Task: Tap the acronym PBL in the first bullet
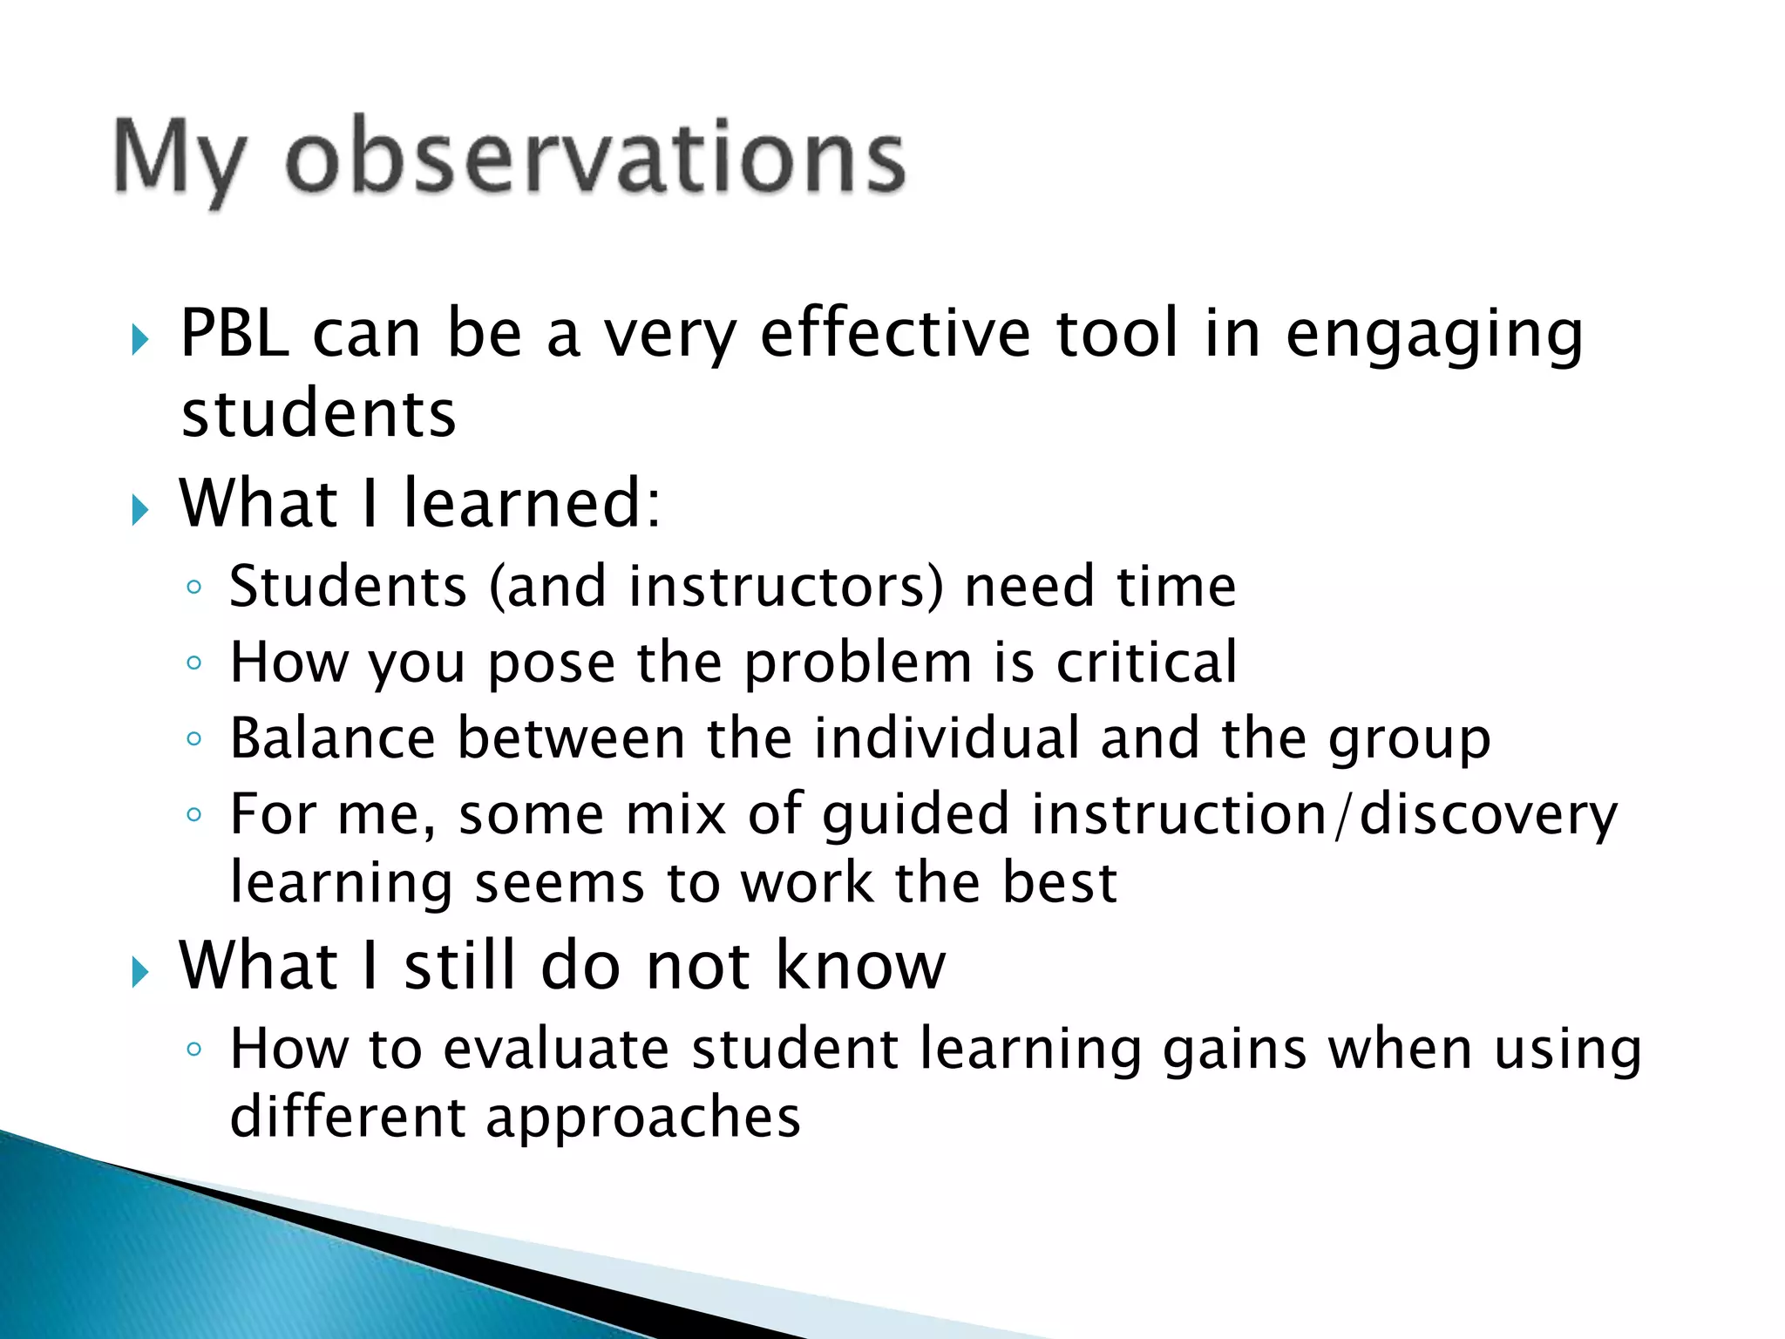click(234, 334)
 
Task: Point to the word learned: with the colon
click(532, 504)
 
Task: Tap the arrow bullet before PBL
click(140, 339)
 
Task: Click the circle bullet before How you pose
click(193, 663)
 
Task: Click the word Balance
click(332, 738)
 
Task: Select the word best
click(1059, 883)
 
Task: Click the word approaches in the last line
click(642, 1118)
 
